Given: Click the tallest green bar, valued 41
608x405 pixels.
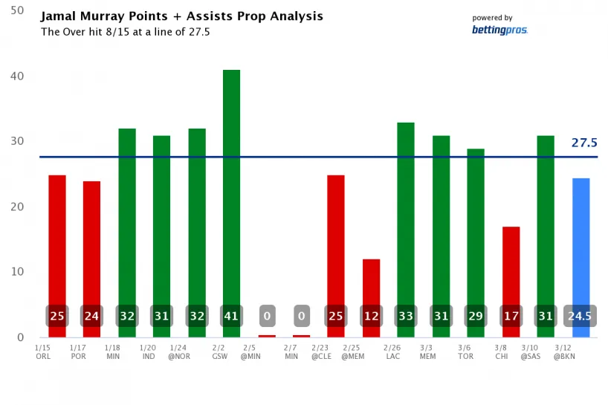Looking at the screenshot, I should (x=231, y=186).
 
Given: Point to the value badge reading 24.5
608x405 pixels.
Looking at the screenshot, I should (x=580, y=316).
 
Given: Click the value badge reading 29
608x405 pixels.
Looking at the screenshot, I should (x=476, y=316).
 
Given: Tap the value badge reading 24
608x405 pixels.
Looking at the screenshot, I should (x=92, y=316).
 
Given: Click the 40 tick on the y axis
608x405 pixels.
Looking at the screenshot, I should (x=16, y=77).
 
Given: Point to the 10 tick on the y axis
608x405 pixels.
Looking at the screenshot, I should (x=16, y=272).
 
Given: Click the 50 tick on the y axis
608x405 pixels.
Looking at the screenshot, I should (x=16, y=11).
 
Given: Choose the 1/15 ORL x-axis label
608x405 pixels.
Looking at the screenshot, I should (x=43, y=351).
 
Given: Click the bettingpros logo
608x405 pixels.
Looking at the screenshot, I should (x=499, y=30).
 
